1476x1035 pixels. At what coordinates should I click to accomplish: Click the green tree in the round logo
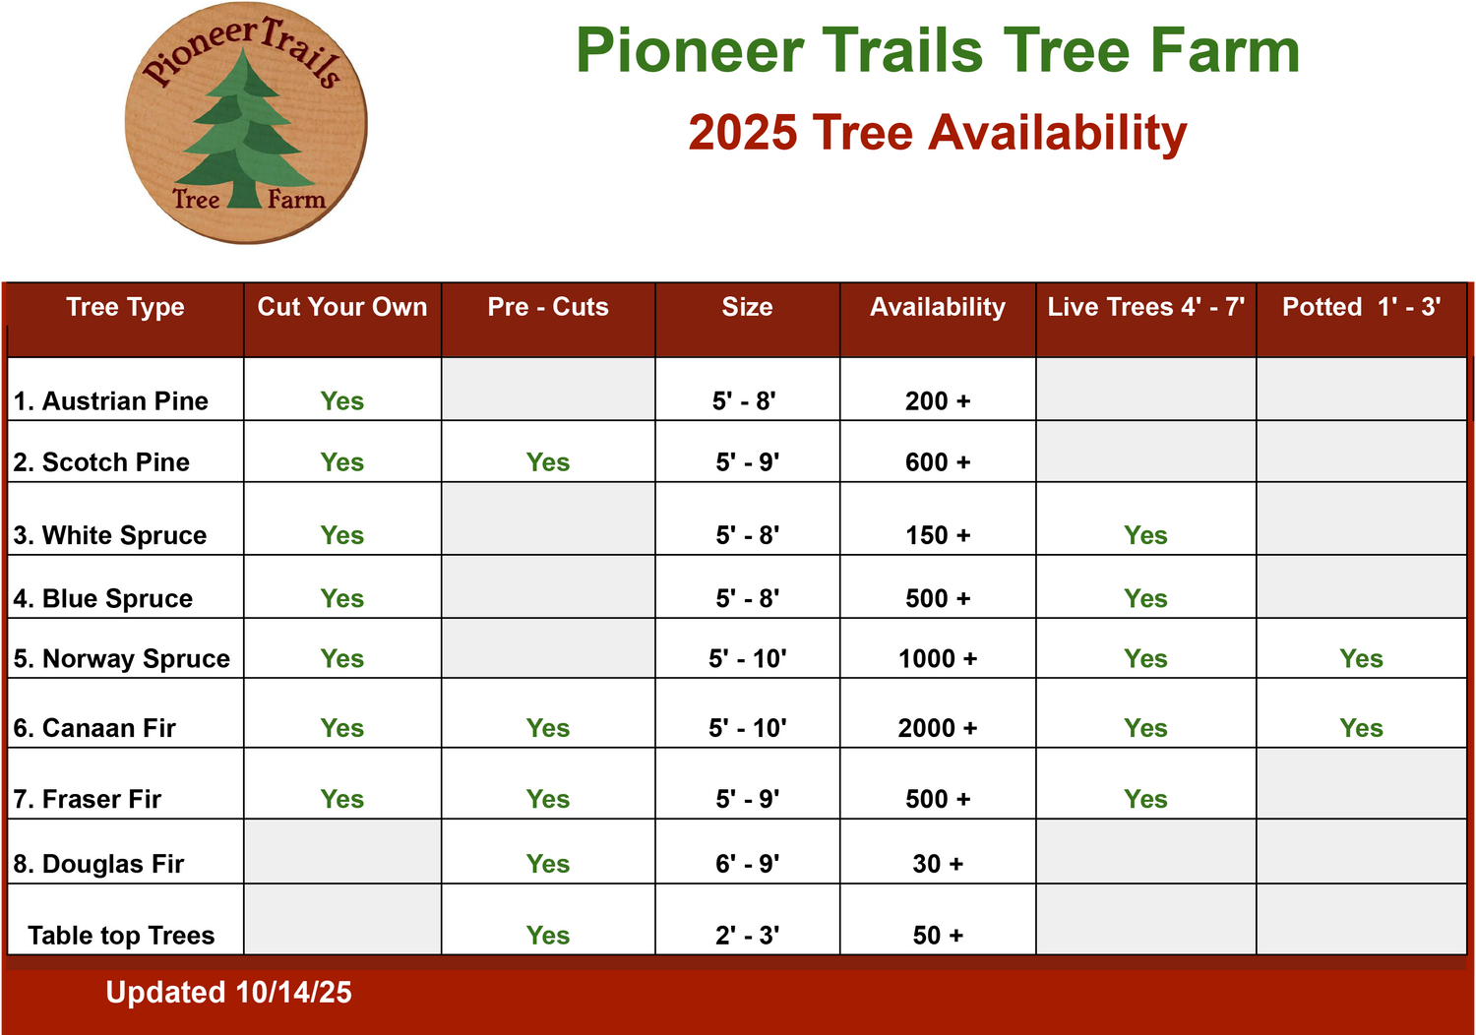245,132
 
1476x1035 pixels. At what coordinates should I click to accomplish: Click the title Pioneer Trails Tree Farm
938,51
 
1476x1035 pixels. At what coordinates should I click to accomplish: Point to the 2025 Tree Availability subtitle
938,133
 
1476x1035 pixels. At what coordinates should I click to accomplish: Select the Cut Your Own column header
342,307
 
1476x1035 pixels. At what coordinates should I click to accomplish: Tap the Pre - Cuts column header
548,307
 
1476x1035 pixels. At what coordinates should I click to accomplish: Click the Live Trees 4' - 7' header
1146,307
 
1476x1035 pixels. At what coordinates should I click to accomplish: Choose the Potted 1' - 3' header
1361,307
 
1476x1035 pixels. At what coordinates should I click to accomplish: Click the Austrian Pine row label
110,401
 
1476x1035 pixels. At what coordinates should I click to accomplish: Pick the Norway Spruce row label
122,659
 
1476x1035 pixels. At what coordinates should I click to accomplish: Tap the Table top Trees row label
121,936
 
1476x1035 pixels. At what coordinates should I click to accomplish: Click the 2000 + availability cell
938,729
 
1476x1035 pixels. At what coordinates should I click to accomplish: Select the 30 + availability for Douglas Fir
938,864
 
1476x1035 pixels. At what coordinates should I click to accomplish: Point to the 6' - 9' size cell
747,864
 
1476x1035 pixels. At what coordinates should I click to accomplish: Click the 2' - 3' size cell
747,936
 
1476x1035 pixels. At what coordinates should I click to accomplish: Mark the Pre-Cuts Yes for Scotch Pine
547,462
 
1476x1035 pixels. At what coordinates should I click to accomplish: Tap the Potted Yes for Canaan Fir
1361,729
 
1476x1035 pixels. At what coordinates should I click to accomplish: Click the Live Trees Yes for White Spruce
1146,535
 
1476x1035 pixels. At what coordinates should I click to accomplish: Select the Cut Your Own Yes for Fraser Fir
342,799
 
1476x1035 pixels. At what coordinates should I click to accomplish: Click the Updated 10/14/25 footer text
228,992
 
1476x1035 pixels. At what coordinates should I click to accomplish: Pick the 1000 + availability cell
938,659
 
